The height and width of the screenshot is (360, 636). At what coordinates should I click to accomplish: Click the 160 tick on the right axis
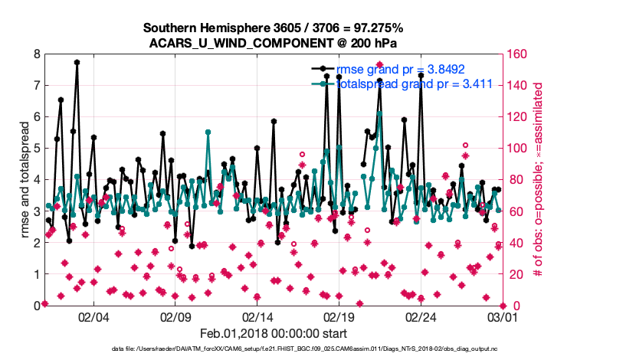click(516, 54)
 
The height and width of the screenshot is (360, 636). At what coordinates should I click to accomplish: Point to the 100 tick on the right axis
click(516, 149)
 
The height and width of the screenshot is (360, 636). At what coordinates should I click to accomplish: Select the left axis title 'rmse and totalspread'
click(22, 180)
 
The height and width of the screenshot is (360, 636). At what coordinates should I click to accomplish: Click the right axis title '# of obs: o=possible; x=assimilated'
click(539, 180)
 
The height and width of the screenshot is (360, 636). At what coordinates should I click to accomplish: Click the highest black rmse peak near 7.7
click(77, 63)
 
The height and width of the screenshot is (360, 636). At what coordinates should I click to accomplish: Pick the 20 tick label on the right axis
click(513, 274)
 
